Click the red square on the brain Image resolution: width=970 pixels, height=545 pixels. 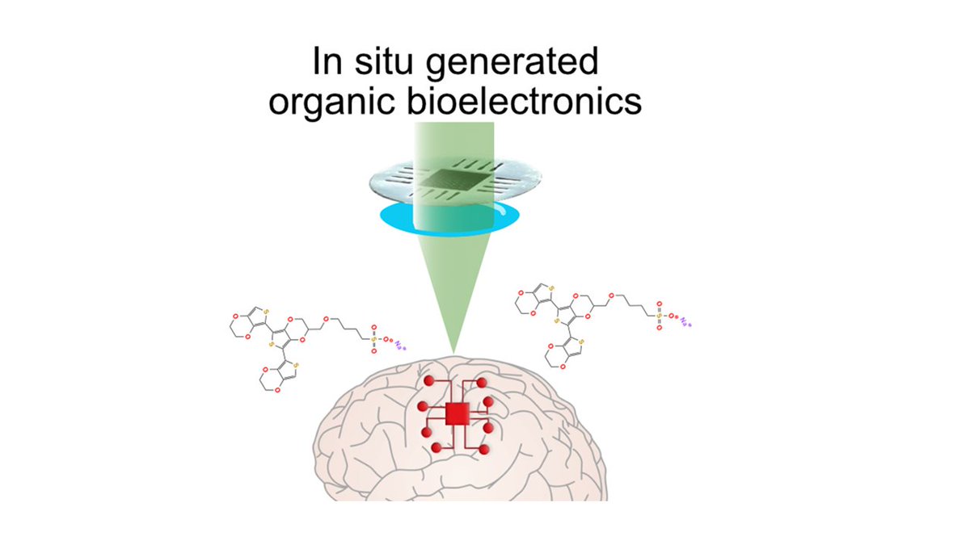(458, 413)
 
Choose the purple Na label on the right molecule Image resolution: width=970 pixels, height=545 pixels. (686, 324)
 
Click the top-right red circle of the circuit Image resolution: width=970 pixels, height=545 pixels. (483, 381)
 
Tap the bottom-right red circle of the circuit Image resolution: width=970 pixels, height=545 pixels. (483, 448)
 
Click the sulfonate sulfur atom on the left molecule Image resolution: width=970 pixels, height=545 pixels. (374, 341)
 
